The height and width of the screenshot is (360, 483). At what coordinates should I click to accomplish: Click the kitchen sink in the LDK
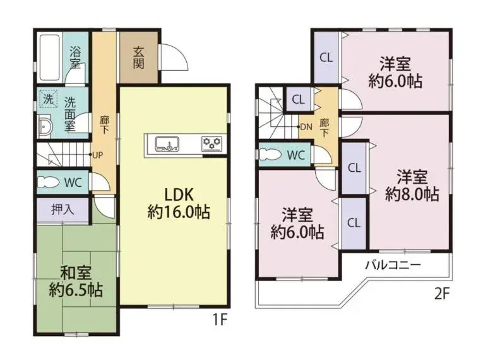click(x=167, y=143)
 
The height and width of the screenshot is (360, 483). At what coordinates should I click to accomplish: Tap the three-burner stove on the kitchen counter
click(x=212, y=143)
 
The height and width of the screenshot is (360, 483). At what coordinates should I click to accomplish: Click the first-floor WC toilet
click(x=48, y=182)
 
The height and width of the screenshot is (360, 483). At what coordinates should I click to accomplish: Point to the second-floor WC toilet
click(x=270, y=154)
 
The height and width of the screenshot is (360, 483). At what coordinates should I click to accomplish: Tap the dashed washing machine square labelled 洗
click(x=48, y=99)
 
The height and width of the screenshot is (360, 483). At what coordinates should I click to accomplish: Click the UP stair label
click(x=97, y=155)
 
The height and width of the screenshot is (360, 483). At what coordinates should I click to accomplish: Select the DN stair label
click(x=306, y=127)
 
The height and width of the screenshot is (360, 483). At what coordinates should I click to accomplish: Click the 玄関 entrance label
click(x=139, y=57)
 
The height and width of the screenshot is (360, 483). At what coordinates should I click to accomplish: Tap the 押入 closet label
click(x=63, y=210)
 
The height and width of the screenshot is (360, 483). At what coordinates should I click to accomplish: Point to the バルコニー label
click(x=393, y=265)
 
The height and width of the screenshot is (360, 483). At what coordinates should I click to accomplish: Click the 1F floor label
click(x=220, y=320)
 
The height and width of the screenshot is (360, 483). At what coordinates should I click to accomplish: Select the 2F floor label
click(x=443, y=294)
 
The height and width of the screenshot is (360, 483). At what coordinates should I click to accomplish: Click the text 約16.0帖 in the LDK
click(x=179, y=212)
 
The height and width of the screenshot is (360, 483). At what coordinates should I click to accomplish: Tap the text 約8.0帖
click(x=412, y=194)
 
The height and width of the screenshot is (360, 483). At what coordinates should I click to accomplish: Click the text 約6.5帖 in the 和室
click(x=76, y=290)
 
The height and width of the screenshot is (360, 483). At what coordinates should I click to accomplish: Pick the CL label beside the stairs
click(x=298, y=100)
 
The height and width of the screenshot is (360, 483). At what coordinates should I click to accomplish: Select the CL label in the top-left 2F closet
click(x=326, y=57)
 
